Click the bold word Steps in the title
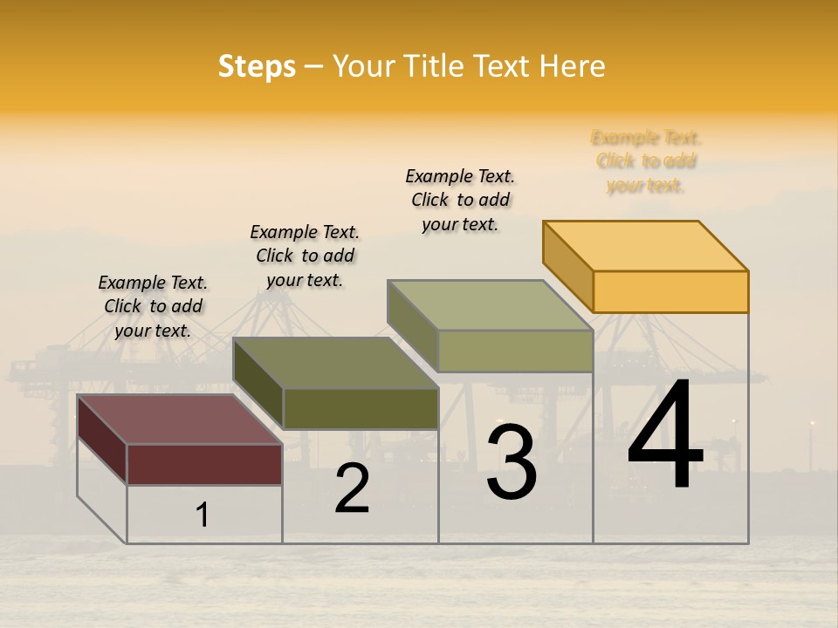(257, 66)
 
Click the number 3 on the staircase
(511, 462)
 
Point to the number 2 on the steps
(353, 489)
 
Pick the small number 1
(203, 515)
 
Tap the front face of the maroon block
(204, 464)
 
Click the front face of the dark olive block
(361, 408)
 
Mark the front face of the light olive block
(515, 351)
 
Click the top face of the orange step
(646, 246)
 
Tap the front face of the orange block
(670, 291)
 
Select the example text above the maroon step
(153, 306)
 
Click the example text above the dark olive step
(305, 256)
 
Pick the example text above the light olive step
(460, 200)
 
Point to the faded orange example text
(646, 161)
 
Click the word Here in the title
(572, 66)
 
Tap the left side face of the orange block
(567, 266)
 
